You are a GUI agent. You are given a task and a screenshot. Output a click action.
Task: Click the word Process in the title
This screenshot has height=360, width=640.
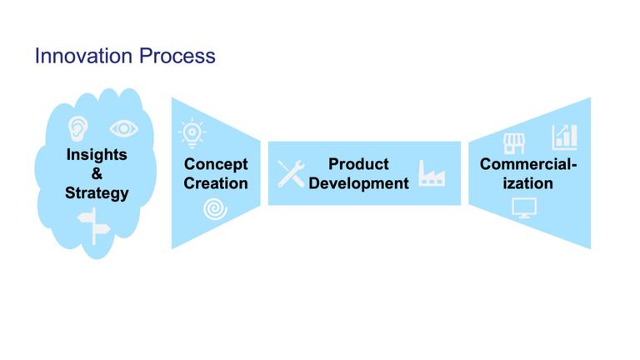(x=177, y=56)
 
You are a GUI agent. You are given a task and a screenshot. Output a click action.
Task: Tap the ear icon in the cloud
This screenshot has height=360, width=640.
(x=77, y=129)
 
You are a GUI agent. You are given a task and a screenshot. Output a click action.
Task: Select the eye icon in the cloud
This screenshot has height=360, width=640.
(x=123, y=128)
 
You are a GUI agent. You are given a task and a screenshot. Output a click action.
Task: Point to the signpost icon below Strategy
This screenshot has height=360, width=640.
(x=94, y=226)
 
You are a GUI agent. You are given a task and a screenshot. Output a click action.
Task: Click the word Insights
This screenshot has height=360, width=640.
(x=97, y=155)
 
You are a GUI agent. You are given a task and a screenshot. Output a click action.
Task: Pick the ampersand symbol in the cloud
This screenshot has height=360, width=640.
(x=97, y=173)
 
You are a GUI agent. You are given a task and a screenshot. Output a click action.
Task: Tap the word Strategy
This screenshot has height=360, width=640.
(x=97, y=193)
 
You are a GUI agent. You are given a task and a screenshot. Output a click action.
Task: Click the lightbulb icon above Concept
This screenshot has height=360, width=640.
(x=192, y=133)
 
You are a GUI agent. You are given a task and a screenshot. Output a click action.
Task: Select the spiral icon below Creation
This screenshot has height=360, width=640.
(x=215, y=209)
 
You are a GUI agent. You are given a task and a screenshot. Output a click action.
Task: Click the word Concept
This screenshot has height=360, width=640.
(x=216, y=164)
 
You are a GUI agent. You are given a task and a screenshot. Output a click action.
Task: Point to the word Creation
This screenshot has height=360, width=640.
(x=216, y=183)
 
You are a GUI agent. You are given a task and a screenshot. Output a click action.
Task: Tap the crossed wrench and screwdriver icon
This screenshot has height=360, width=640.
(x=291, y=173)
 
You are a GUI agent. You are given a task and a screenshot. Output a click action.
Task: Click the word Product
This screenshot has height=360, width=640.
(x=358, y=164)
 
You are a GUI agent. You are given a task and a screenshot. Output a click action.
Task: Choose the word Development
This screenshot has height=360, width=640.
(x=358, y=183)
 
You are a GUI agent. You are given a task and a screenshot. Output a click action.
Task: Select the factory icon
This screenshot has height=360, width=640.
(x=432, y=173)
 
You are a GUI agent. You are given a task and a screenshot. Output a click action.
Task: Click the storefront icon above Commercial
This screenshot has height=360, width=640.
(x=514, y=143)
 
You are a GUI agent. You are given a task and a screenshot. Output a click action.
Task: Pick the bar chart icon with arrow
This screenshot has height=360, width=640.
(x=564, y=137)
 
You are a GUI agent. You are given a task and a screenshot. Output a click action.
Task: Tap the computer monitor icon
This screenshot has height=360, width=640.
(x=524, y=208)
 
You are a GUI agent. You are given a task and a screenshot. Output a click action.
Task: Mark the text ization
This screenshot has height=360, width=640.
(x=527, y=183)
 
